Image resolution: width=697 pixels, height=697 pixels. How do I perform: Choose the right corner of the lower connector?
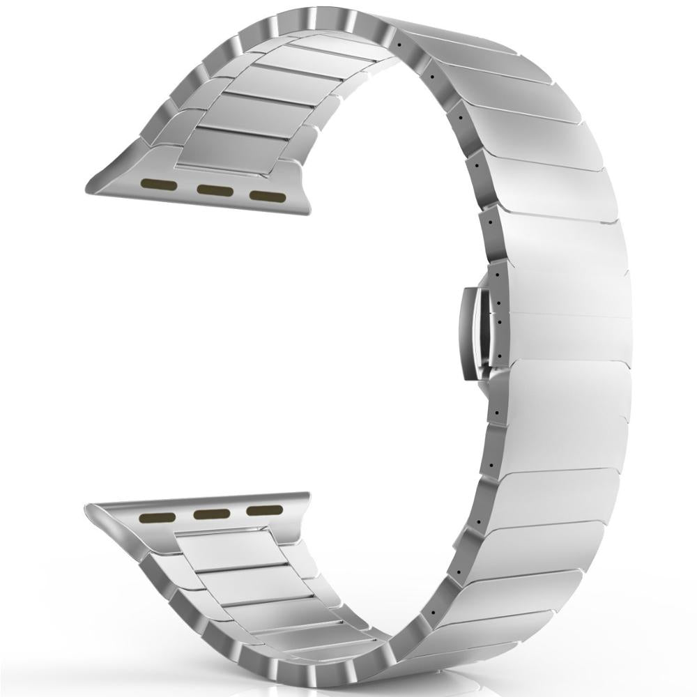(x=305, y=496)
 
